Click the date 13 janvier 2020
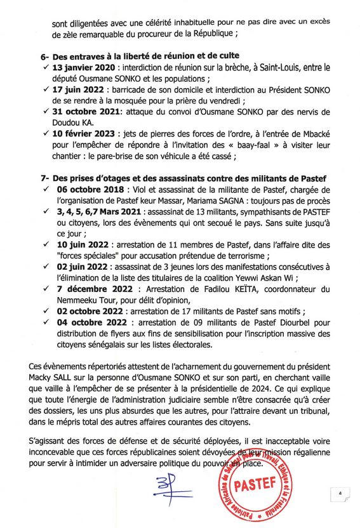tap(80, 67)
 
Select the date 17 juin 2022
tap(76, 91)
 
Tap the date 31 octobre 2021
tap(82, 112)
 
